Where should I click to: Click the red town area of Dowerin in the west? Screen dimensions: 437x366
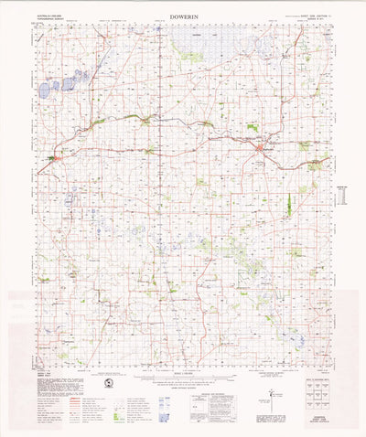pos(53,161)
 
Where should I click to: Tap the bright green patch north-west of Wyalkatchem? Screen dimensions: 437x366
pos(253,128)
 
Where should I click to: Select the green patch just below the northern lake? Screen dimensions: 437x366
pos(190,57)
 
